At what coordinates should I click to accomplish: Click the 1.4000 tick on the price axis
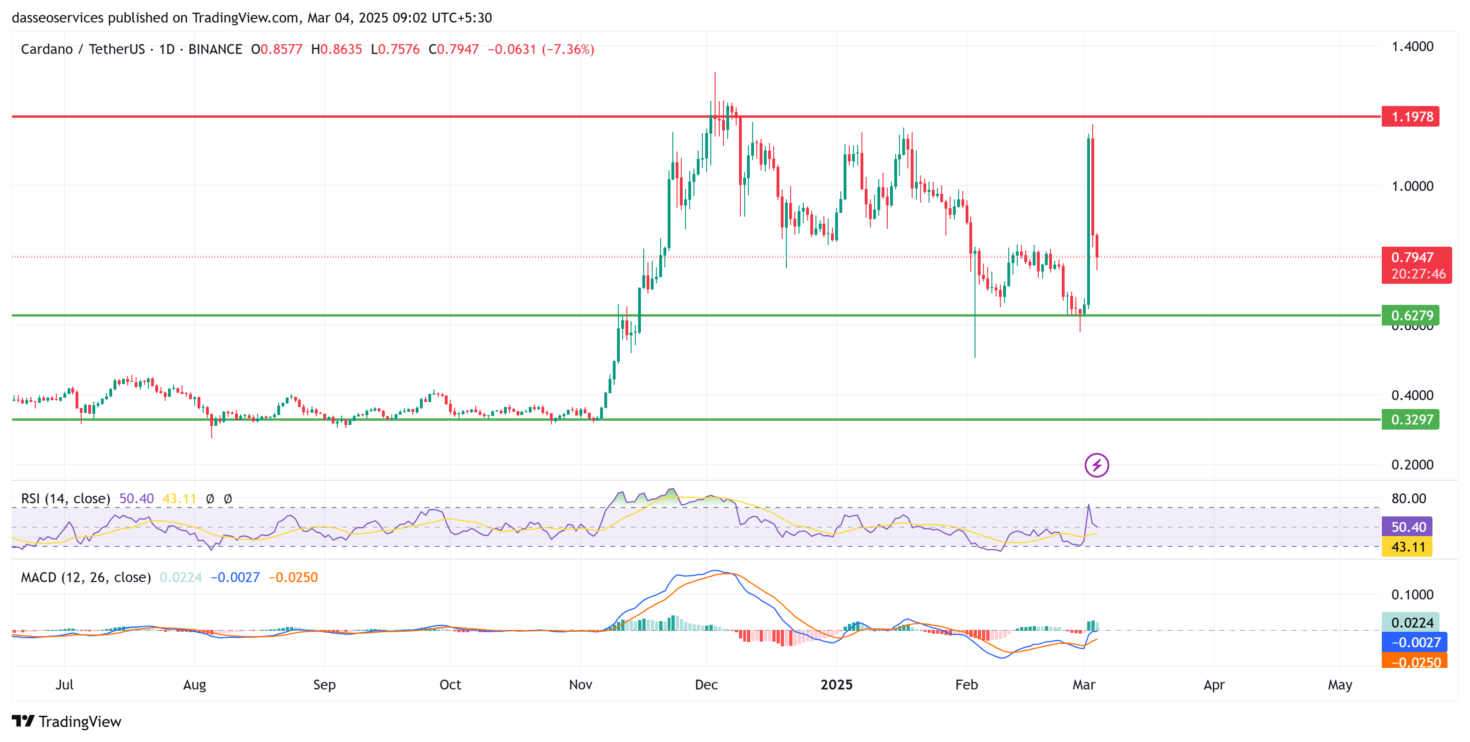click(1412, 47)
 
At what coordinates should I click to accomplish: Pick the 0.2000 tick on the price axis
click(1412, 465)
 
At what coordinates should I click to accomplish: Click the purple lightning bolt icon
click(1096, 465)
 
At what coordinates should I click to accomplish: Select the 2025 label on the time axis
click(836, 685)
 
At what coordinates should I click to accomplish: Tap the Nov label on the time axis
click(580, 685)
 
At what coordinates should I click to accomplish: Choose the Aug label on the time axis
click(195, 685)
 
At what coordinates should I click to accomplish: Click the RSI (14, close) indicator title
click(66, 499)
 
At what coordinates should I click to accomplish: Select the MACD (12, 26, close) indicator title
click(85, 578)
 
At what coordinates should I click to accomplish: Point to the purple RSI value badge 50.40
click(1407, 527)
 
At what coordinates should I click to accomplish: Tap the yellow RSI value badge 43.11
click(1407, 547)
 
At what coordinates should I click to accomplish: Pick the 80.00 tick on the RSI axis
click(1409, 499)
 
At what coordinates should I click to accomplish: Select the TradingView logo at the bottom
click(67, 721)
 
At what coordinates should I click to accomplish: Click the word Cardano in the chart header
click(47, 50)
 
